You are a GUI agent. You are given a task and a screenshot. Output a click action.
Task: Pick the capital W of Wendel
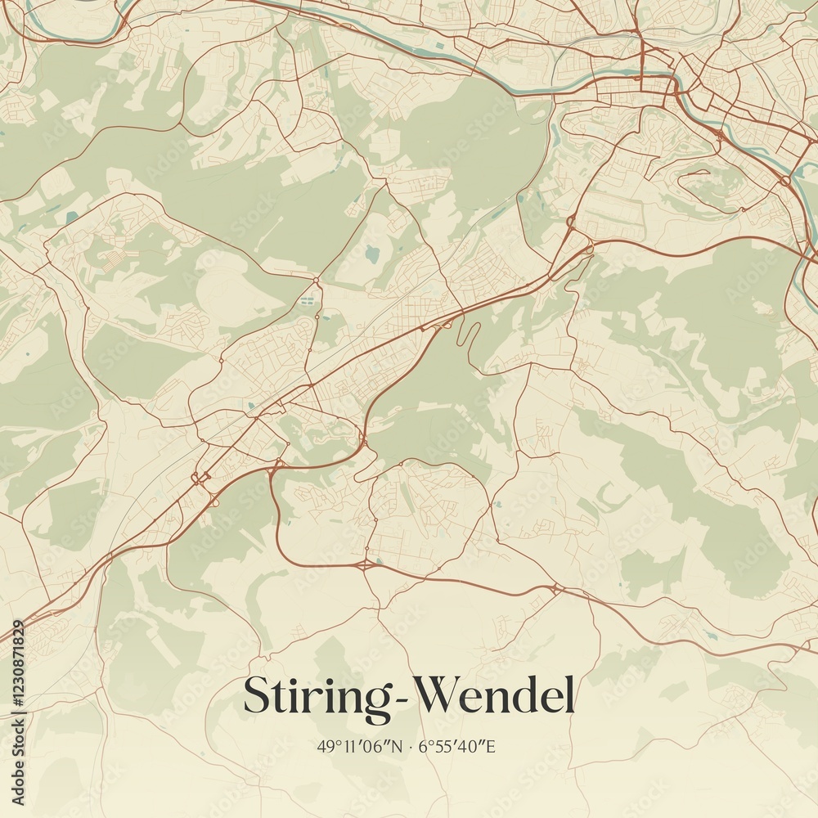click(434, 695)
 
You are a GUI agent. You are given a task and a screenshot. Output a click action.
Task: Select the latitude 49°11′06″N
click(361, 747)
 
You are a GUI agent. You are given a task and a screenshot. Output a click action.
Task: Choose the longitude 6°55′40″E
click(457, 747)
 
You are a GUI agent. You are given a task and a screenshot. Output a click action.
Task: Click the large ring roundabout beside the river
click(785, 180)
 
